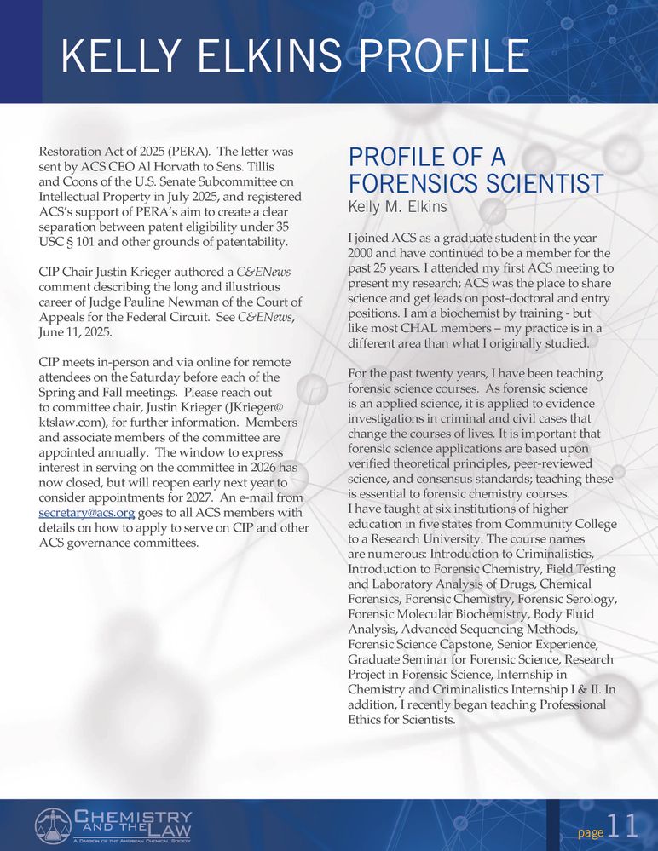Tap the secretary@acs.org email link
click(87, 513)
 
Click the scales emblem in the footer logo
click(53, 825)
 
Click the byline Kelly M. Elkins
click(398, 207)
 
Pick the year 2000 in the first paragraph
click(366, 252)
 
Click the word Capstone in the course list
click(466, 644)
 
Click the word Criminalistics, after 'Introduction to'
click(569, 552)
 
